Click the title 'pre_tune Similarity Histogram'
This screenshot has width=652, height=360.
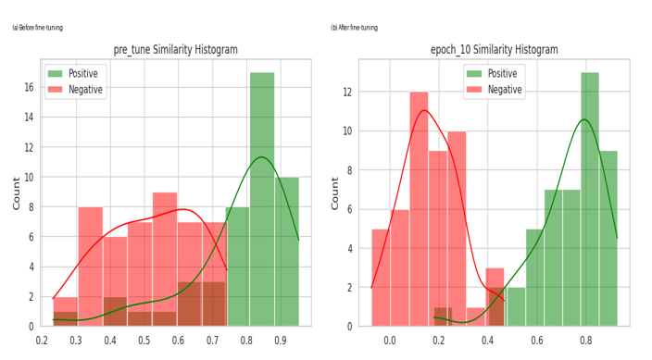click(175, 49)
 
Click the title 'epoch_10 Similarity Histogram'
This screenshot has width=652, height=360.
click(494, 49)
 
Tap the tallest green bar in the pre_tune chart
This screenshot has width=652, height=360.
click(262, 199)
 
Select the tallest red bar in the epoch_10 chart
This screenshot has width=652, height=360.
click(419, 208)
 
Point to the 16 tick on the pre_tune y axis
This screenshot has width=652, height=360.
click(29, 87)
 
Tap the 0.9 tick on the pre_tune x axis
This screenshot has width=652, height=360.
click(281, 341)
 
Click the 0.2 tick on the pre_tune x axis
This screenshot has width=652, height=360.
click(42, 341)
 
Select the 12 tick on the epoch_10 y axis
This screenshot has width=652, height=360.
click(346, 92)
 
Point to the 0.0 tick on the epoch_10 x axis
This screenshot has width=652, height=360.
click(390, 341)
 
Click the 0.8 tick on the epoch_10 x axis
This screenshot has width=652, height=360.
click(586, 341)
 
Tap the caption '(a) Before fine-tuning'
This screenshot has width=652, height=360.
click(37, 28)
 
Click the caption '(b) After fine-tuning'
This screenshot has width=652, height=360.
click(355, 28)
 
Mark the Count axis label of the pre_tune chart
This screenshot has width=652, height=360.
click(17, 193)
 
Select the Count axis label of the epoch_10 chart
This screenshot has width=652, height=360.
click(334, 193)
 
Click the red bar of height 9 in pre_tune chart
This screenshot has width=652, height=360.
click(165, 259)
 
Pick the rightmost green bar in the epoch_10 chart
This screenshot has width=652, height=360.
click(608, 238)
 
